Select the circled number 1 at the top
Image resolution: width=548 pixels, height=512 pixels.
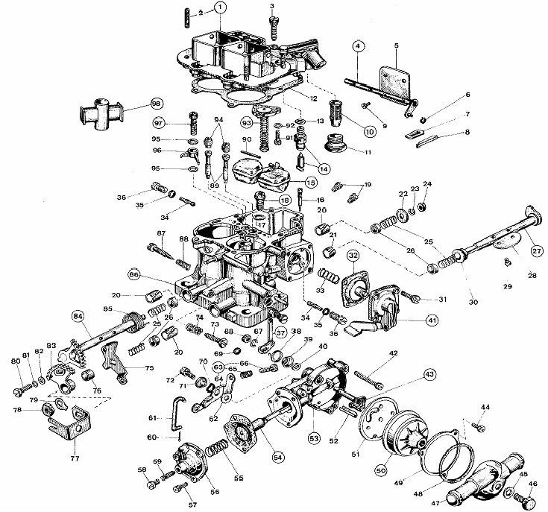point(219,8)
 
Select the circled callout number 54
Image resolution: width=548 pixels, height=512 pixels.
point(278,455)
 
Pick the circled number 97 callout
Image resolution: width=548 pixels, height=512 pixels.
point(160,123)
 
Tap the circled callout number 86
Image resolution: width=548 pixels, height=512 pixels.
point(135,274)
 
